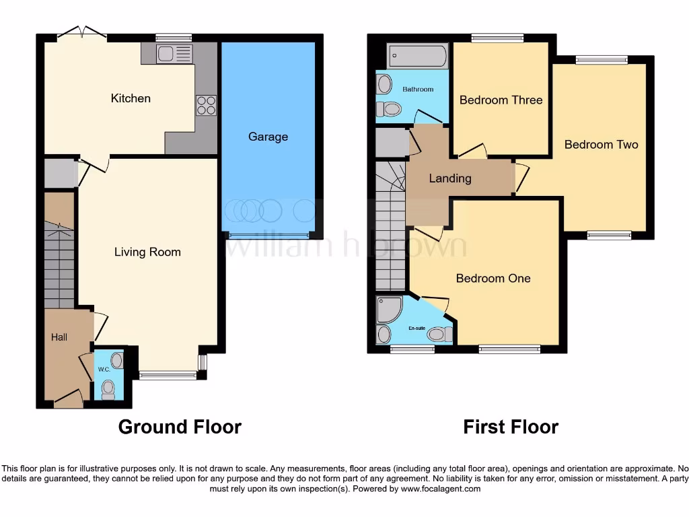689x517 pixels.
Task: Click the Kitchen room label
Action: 131,98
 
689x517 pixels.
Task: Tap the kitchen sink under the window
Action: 174,54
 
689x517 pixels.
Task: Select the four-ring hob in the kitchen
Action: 206,105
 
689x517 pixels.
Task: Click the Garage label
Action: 268,137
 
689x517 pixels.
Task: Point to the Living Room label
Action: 147,252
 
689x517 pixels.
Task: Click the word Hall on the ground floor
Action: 59,337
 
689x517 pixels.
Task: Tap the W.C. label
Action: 104,370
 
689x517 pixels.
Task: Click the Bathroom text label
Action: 418,89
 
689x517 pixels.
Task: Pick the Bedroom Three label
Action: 501,100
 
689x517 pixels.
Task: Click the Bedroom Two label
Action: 601,144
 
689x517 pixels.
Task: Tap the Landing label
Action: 450,178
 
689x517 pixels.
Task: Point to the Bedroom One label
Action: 493,278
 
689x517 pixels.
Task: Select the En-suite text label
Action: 417,329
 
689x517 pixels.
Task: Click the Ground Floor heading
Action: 180,427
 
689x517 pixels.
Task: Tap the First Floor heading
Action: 511,427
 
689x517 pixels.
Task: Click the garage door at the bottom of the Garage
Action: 268,235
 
